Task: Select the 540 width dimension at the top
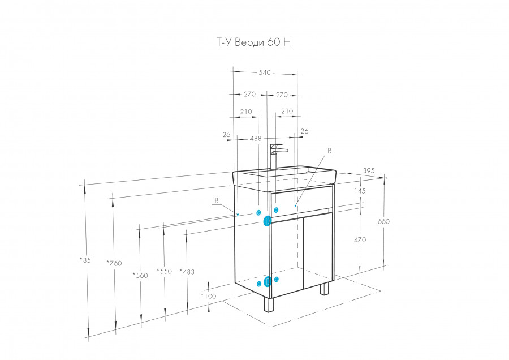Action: tap(264, 72)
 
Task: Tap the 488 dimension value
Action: tap(256, 138)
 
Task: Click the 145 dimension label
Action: tap(360, 191)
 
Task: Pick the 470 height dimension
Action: tap(360, 240)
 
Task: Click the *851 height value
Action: tap(87, 261)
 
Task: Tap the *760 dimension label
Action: tap(114, 263)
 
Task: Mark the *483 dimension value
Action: tap(187, 272)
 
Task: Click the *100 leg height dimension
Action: tap(208, 295)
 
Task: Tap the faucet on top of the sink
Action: tap(276, 156)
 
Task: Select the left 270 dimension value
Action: tap(249, 94)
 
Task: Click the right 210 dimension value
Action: tap(287, 112)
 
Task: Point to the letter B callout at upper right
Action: tap(330, 151)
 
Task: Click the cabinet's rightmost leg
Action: tap(324, 288)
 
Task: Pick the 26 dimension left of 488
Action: tap(227, 135)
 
